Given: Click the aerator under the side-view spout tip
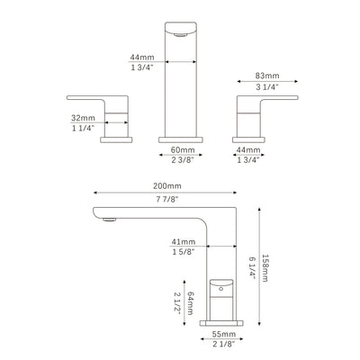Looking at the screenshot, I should [112, 218].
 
